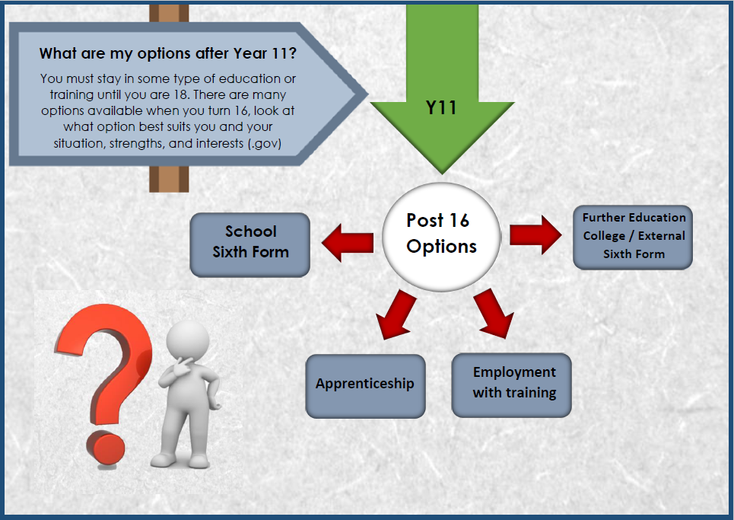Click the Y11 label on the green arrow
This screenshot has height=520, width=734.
point(441,108)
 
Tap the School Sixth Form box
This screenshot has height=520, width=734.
point(250,245)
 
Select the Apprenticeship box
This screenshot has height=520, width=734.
point(365,386)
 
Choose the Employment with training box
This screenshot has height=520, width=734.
point(511,385)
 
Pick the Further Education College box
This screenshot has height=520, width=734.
point(633,237)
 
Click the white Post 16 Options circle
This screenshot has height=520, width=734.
point(441,237)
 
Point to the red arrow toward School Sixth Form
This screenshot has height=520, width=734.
point(348,243)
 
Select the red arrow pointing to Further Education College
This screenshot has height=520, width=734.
point(535,234)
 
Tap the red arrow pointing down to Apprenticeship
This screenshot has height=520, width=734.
point(396,314)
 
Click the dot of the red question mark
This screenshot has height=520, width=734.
point(105,448)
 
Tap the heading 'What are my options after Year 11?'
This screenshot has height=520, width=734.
point(167,53)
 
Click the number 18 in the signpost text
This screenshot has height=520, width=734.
point(180,94)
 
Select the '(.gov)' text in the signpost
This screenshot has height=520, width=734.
point(265,143)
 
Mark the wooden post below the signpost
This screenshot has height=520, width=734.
point(169,179)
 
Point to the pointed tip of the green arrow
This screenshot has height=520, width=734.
point(441,174)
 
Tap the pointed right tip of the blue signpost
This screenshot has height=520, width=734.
point(368,94)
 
